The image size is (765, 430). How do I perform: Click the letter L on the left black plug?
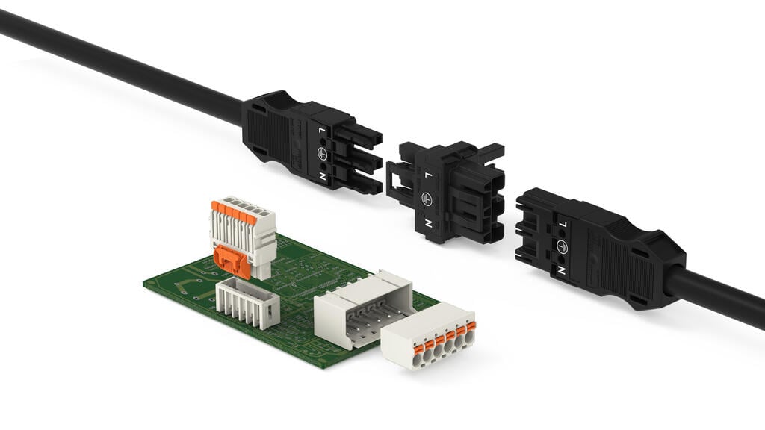coord(323,131)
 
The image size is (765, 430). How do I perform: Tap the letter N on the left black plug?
coord(323,177)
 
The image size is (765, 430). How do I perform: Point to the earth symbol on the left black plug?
coord(323,154)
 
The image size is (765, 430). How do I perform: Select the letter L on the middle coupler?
coord(428,175)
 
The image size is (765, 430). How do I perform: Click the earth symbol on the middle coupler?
coord(427,199)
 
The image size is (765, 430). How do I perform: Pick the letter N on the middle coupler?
coord(428,223)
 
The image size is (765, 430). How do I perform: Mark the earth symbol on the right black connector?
coord(562,246)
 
